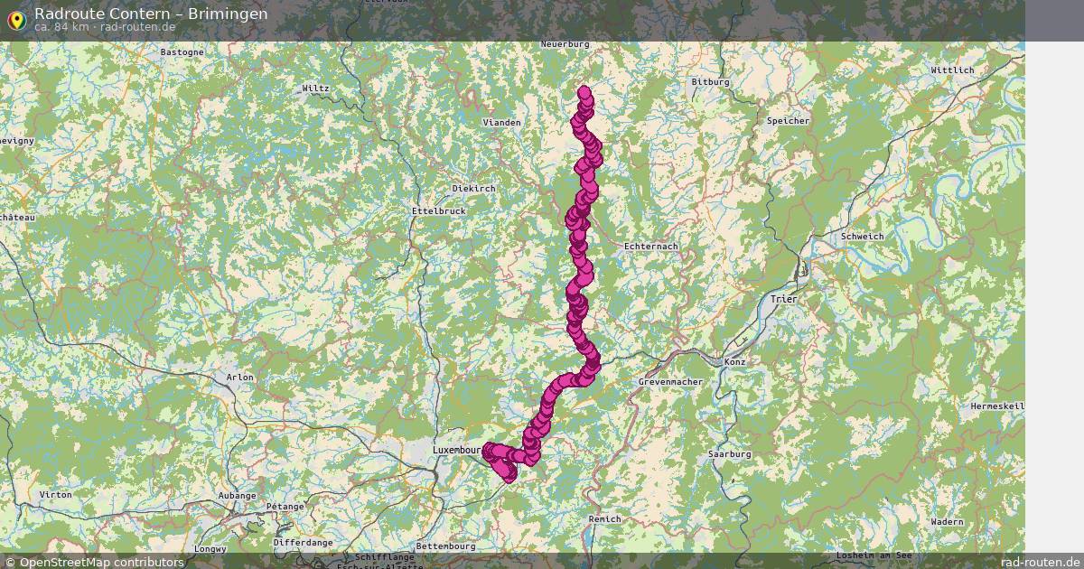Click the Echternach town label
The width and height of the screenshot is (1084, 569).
650,246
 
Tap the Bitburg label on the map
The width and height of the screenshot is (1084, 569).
709,82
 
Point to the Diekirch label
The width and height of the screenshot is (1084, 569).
474,188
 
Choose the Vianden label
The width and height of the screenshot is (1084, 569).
501,122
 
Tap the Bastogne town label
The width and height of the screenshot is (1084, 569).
182,52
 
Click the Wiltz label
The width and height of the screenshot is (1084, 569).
316,89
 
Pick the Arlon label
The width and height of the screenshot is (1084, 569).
239,377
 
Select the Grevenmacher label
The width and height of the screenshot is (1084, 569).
670,382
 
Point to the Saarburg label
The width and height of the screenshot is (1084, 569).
731,453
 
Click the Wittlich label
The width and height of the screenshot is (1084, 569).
952,70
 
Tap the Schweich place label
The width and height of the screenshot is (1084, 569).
861,237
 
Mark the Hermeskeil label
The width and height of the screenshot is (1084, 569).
997,406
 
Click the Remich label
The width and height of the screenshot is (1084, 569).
604,518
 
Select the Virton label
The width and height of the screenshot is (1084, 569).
56,495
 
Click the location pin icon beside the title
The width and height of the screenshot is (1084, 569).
15,19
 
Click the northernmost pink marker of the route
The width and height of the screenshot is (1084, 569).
584,91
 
